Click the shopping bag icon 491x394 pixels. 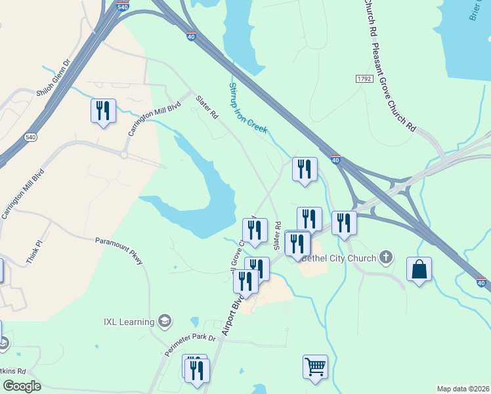[x=419, y=269]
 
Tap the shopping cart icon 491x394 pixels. [x=315, y=366]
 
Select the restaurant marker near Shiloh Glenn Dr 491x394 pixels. [x=103, y=111]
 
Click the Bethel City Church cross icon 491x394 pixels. [x=387, y=257]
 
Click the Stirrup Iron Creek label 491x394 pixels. [x=247, y=108]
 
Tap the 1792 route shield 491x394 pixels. [x=364, y=79]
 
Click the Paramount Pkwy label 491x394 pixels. [x=119, y=251]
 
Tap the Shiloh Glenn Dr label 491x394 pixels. [x=53, y=79]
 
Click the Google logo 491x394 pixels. [x=22, y=385]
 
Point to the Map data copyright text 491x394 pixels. [x=463, y=389]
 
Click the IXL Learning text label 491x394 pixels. [x=129, y=322]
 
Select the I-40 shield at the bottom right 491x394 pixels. [x=482, y=282]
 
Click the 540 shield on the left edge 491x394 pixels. [x=30, y=137]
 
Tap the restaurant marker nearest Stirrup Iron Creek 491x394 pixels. [x=305, y=169]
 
